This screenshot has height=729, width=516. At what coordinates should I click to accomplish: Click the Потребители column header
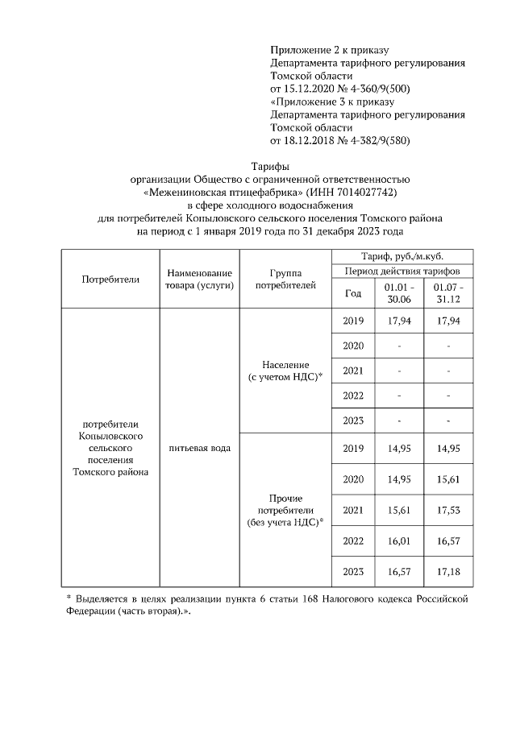point(110,280)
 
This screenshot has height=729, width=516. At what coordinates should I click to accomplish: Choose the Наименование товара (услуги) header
point(199,280)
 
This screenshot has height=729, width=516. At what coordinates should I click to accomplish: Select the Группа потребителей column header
point(286,280)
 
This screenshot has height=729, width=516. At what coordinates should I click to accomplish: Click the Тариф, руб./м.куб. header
point(402,255)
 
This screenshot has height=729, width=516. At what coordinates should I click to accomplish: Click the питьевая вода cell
point(199,448)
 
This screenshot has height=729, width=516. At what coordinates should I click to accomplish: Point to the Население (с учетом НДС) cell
point(286,371)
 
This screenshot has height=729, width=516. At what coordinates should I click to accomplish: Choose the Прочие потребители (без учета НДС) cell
point(286,510)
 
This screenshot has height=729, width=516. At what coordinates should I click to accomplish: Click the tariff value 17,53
point(448,511)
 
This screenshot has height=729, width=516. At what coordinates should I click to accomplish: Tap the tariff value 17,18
point(448,571)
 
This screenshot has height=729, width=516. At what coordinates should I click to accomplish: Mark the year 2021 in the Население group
point(353,371)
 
